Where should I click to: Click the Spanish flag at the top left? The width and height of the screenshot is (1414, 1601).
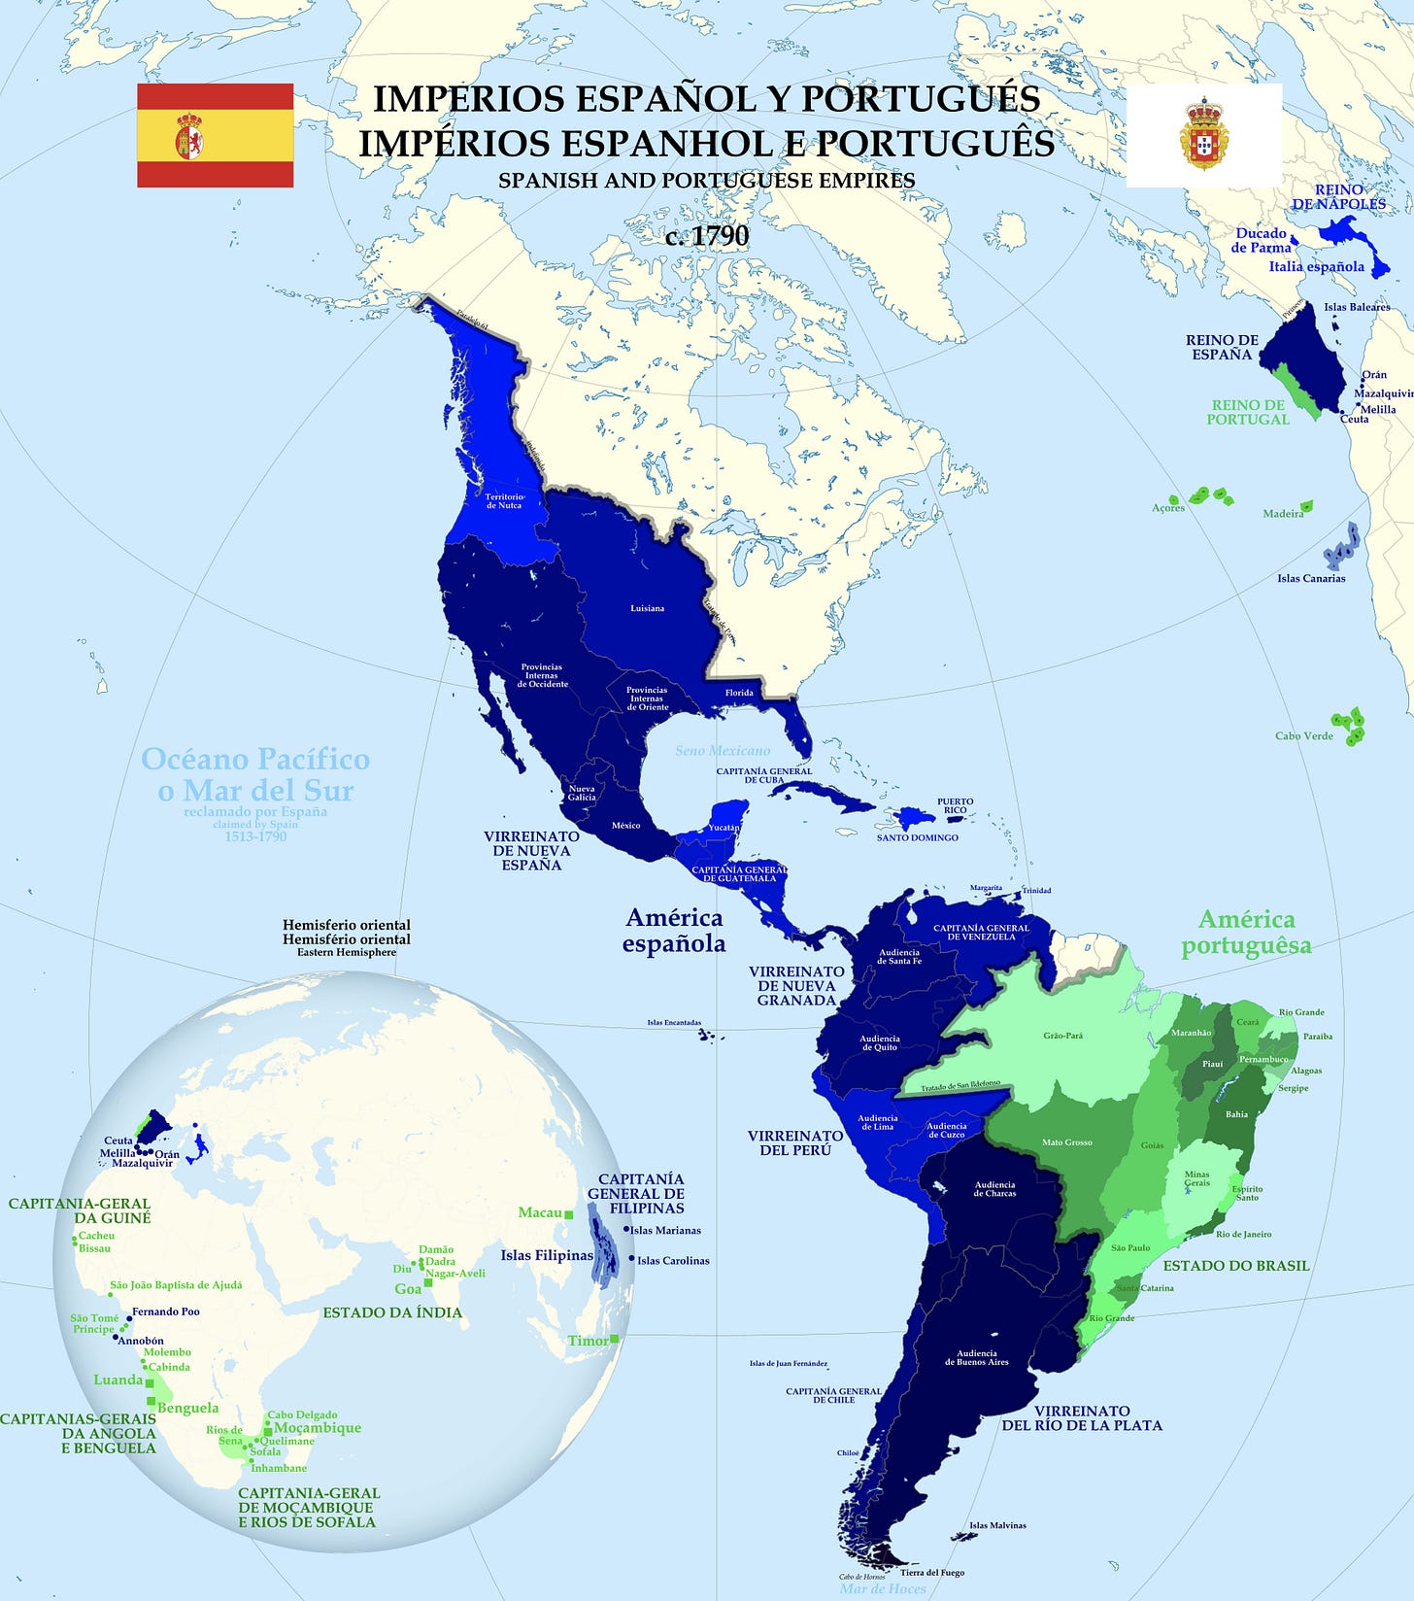pos(215,135)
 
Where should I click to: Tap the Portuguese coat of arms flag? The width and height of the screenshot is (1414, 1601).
pos(1203,135)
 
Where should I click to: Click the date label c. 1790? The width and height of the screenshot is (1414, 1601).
pos(707,236)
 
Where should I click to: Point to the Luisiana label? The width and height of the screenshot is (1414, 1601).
pos(648,608)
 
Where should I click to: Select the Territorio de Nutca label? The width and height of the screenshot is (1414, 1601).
pos(504,501)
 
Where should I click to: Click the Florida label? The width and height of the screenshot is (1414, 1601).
pos(739,693)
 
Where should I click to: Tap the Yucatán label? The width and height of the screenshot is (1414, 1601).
pos(724,827)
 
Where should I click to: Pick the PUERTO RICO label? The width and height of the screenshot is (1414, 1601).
pos(955,805)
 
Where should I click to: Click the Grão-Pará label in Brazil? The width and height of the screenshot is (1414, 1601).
pos(1062,1036)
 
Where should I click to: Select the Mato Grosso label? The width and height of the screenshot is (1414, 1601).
pos(1067,1142)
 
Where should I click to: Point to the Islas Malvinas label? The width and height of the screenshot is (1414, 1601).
pos(997,1525)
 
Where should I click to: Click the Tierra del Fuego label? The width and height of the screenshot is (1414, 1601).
pos(931,1572)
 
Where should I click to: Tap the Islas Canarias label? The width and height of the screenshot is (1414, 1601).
pos(1311,578)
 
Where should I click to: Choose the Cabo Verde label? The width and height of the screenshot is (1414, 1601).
pos(1304,735)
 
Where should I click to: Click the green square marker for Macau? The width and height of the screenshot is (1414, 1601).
pos(569,1214)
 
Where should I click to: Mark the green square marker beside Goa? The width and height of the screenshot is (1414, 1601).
pos(427,1283)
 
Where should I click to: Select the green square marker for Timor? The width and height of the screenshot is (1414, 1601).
pos(614,1339)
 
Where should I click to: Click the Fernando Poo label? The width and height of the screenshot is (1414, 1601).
pos(166,1311)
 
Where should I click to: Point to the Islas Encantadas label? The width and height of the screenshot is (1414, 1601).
pos(674,1023)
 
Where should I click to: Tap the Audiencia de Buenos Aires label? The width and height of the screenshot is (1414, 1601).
pos(976,1357)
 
